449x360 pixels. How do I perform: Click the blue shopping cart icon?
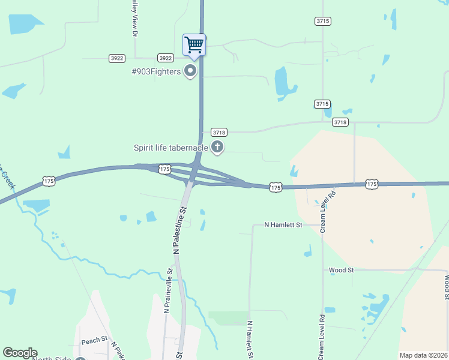[x=194, y=44]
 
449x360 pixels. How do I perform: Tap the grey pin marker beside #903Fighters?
[x=191, y=72]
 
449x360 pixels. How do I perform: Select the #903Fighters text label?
[x=156, y=72]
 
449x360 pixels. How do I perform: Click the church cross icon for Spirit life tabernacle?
[x=217, y=147]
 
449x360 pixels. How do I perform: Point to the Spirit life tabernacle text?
[x=171, y=148]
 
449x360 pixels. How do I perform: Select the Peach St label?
[x=94, y=341]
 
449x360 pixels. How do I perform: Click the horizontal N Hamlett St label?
[x=284, y=225]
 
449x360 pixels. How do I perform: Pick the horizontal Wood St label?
[x=342, y=270]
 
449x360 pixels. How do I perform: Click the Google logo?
[x=20, y=353]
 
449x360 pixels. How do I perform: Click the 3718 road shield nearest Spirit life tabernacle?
[x=219, y=132]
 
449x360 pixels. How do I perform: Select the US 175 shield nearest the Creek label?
[x=49, y=181]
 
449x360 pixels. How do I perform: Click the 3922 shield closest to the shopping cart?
[x=165, y=58]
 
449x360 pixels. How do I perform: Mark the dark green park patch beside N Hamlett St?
[x=228, y=318]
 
